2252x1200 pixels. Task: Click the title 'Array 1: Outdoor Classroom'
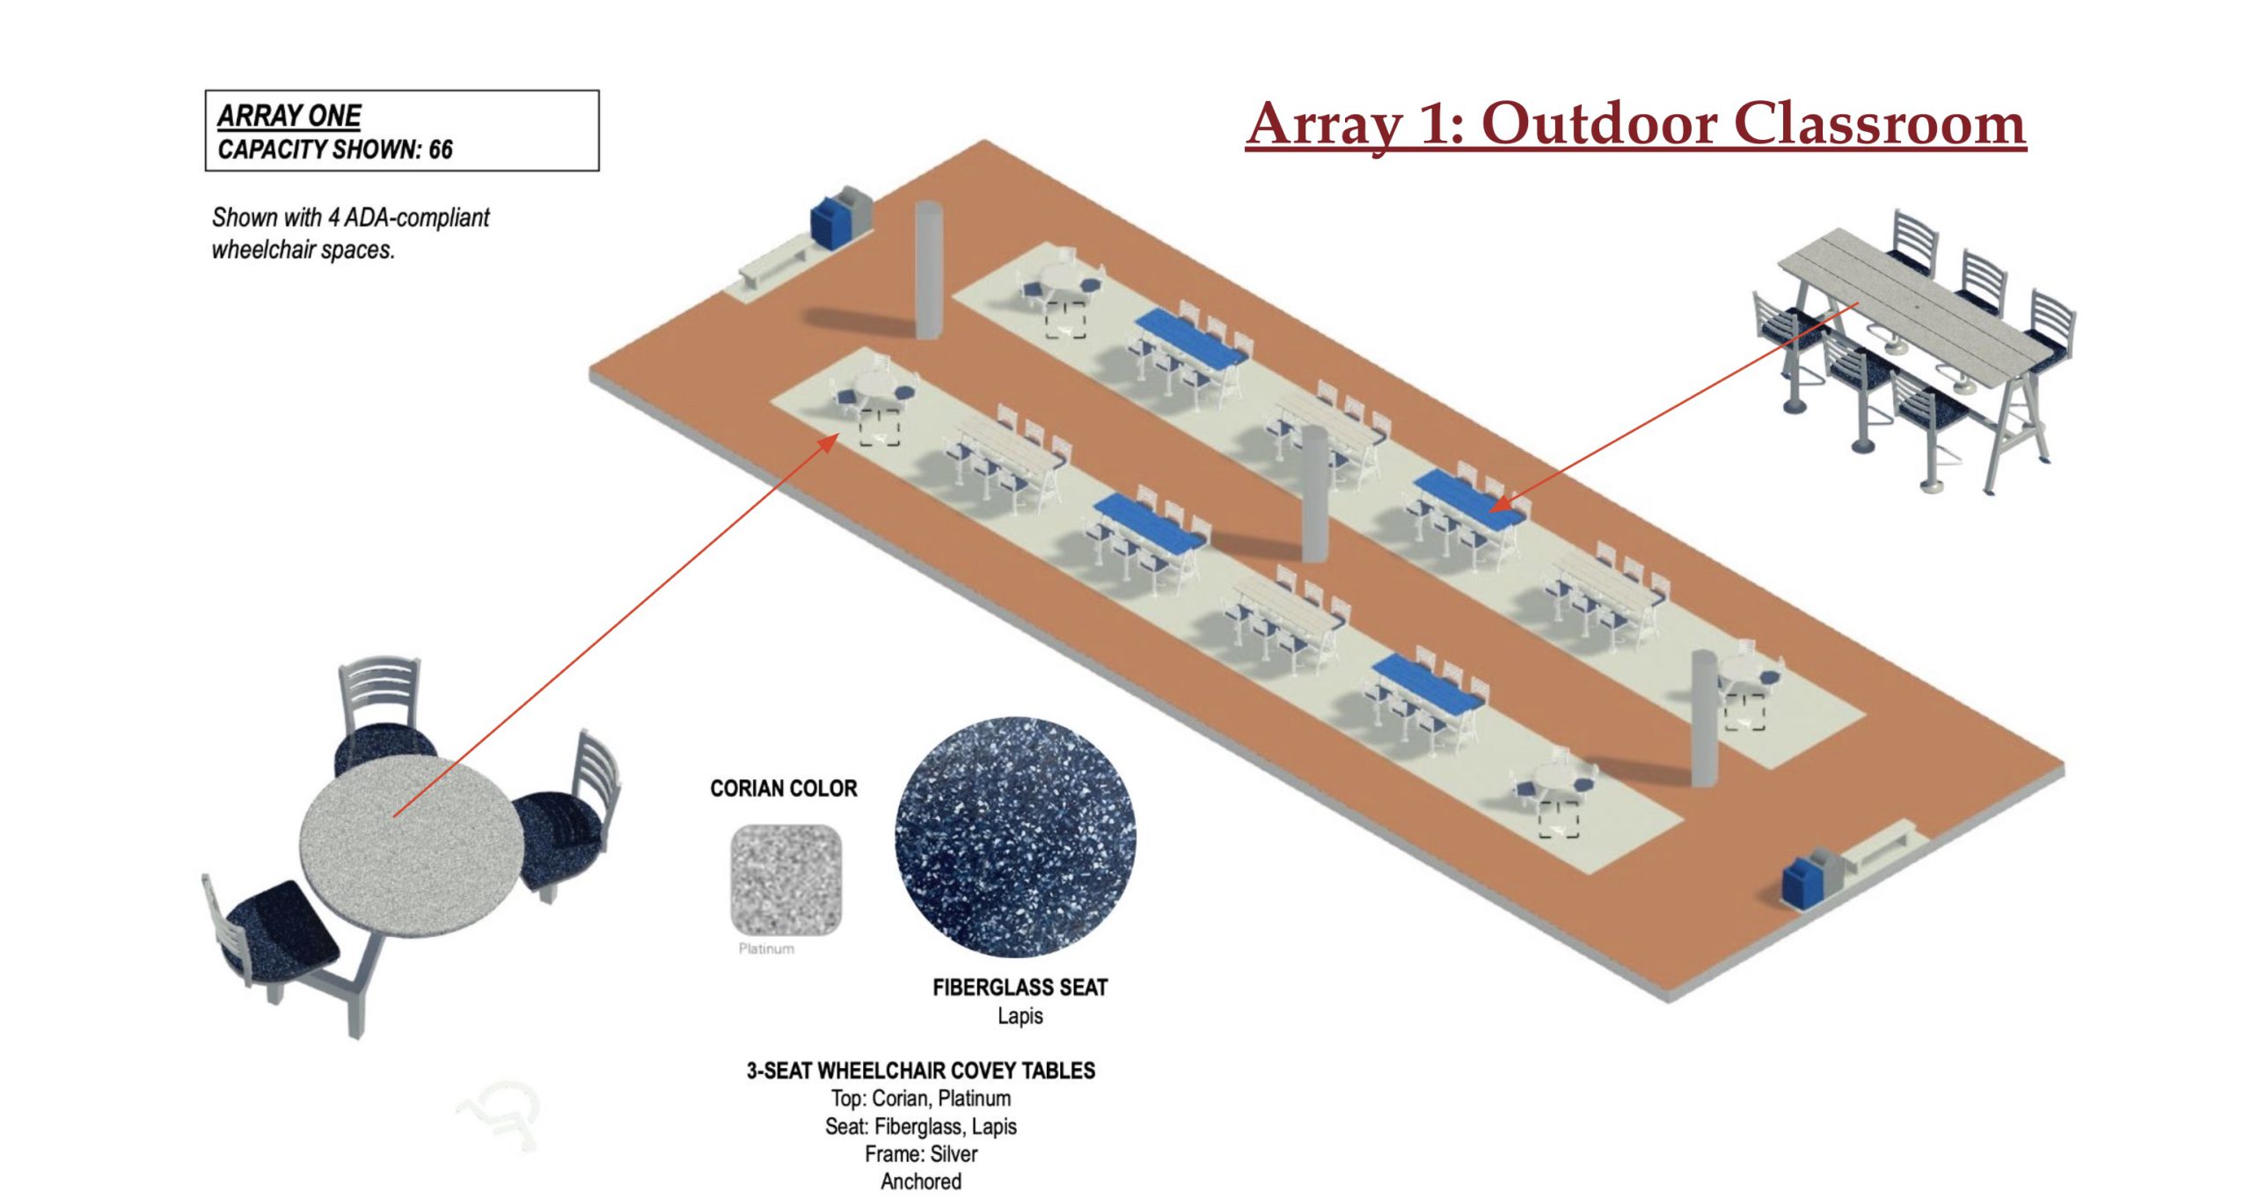tap(1635, 125)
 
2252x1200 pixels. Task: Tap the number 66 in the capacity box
tap(441, 150)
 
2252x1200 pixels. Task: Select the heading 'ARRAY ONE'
tap(289, 116)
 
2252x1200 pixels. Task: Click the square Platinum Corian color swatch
tap(786, 879)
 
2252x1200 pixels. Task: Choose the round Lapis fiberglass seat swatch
tap(1016, 837)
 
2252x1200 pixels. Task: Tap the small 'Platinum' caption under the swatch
tap(766, 948)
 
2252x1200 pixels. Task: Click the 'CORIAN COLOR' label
tap(784, 788)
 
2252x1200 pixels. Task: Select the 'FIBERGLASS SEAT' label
tap(1020, 987)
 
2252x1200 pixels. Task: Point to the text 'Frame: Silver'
tap(921, 1153)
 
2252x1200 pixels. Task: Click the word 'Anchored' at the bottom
tap(921, 1182)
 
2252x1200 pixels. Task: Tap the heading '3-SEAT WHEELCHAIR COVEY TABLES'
tap(921, 1071)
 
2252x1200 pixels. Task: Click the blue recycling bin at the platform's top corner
tap(827, 223)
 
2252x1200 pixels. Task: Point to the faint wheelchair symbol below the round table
tap(499, 1115)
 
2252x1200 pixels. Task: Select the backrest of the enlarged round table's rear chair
tap(379, 692)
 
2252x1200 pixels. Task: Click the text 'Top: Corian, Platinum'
tap(921, 1098)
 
